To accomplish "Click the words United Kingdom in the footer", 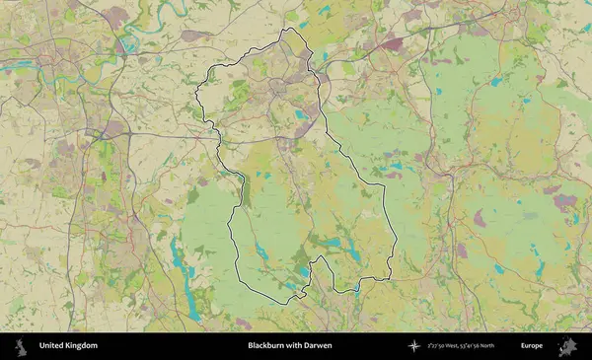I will point(68,346).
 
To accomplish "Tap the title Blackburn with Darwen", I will point(289,346).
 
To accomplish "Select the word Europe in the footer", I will point(532,346).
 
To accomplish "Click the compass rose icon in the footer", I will point(414,346).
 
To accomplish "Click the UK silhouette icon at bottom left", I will point(19,346).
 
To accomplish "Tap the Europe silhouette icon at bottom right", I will point(567,346).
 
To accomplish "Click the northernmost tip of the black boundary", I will point(288,29).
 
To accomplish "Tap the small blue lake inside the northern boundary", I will point(300,114).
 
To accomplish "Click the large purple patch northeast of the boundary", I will point(392,44).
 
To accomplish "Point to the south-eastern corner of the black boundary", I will point(390,276).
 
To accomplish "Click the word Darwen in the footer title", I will point(319,346).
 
